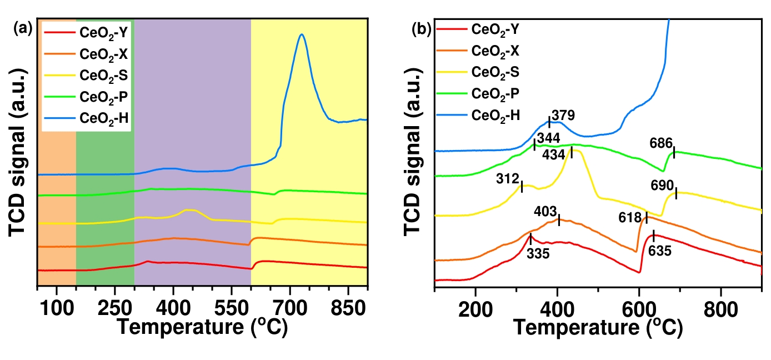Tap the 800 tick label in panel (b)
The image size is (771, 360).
[x=720, y=308]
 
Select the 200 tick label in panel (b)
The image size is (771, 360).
[x=475, y=308]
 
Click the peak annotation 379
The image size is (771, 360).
[x=563, y=116]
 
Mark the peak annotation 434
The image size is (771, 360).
[x=555, y=153]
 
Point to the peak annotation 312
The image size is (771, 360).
[x=507, y=178]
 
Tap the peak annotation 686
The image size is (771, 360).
[x=661, y=143]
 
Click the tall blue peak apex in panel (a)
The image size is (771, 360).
[x=302, y=34]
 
